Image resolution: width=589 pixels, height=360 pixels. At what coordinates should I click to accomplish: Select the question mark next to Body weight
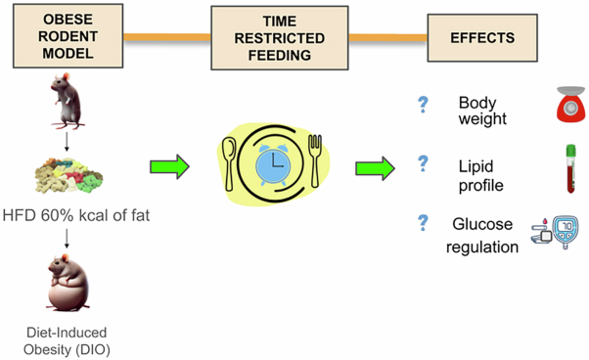423,104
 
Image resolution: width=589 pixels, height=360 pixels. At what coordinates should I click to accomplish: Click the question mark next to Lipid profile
423,163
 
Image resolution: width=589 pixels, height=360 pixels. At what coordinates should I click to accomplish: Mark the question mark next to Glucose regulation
423,223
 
